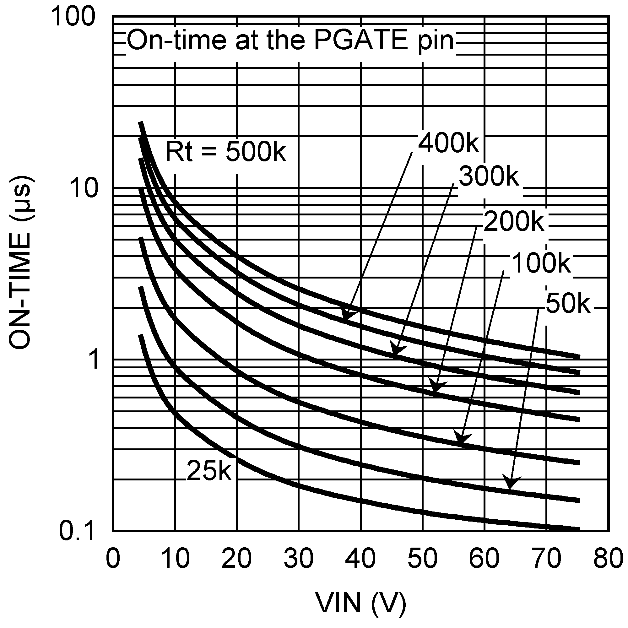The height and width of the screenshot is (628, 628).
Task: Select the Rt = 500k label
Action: [225, 151]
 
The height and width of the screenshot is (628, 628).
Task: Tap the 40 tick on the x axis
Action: [360, 558]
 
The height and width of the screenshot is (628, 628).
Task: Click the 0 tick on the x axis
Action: [113, 558]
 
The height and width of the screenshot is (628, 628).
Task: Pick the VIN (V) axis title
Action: [360, 602]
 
